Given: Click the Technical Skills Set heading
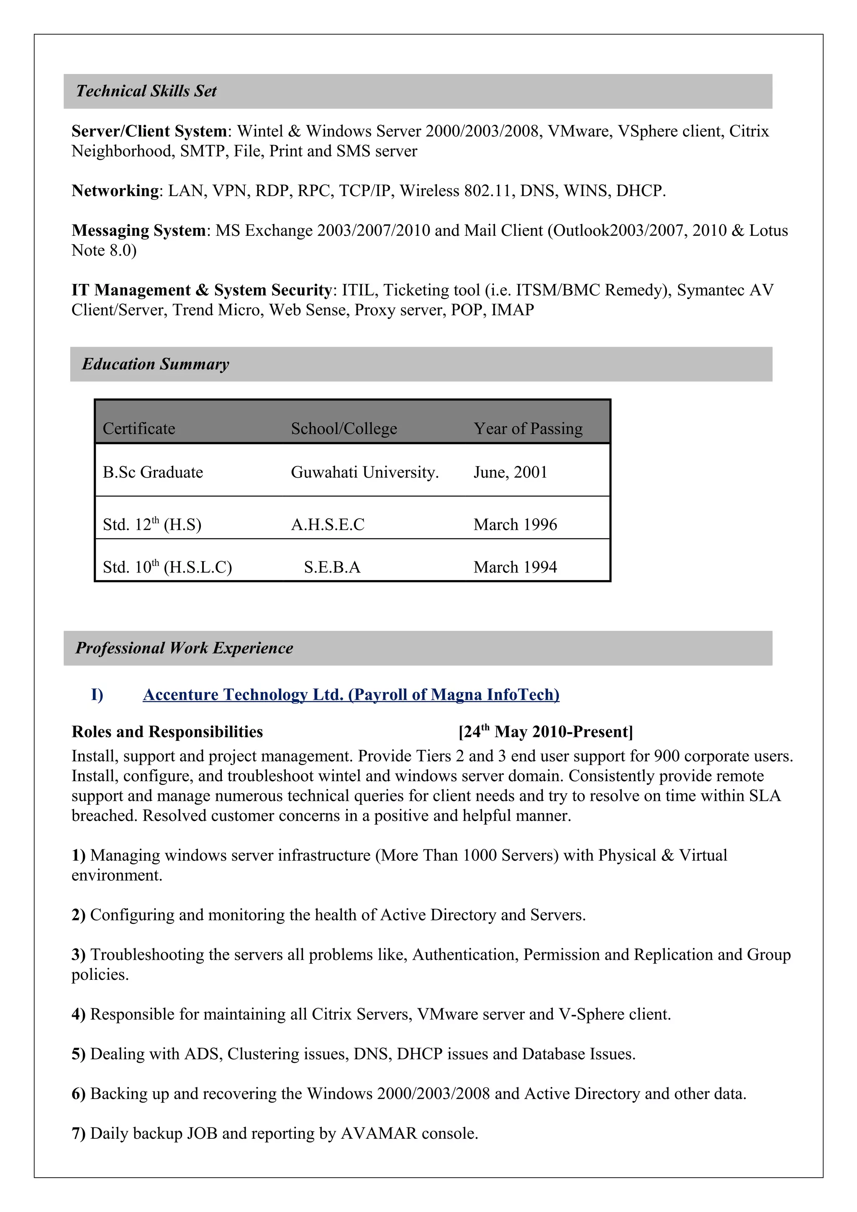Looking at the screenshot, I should pos(146,91).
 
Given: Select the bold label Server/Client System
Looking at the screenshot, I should pos(149,131).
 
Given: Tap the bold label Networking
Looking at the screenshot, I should pos(115,191).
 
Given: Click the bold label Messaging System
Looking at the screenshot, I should pos(139,231).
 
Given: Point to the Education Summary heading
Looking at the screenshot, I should pos(155,364).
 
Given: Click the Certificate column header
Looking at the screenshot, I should pos(139,429).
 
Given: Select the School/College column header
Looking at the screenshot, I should pos(344,429).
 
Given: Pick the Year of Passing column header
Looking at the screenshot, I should pos(528,429).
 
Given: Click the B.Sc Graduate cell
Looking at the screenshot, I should pos(153,473).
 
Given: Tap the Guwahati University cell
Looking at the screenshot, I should pos(364,473).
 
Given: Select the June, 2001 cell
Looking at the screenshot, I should pos(510,473).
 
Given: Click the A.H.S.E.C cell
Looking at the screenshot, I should pos(327,525).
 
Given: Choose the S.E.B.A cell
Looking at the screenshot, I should pos(332,568).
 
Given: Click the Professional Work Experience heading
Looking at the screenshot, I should pos(184,648).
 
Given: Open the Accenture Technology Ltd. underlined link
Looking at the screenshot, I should pos(351,695).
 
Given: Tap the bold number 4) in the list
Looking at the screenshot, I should pos(78,1015).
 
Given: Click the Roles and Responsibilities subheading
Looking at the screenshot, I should pos(167,732).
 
